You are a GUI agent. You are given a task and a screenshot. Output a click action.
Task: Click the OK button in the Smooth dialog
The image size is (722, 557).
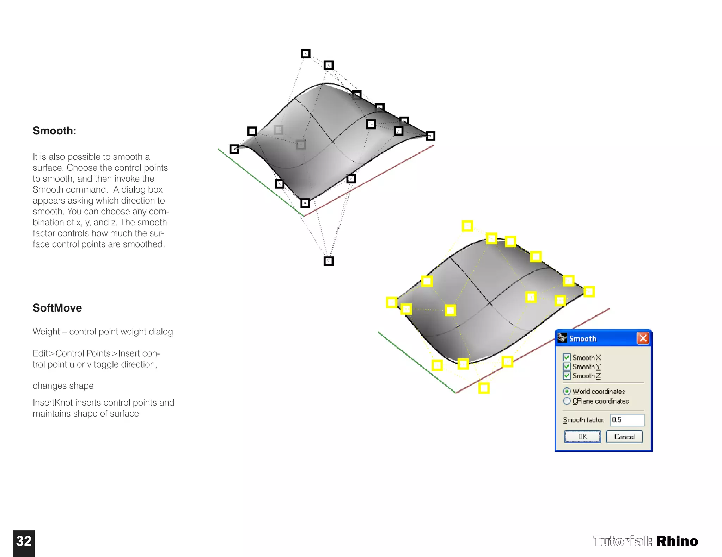click(x=582, y=437)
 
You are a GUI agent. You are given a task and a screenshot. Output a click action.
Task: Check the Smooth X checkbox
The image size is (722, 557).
click(x=567, y=357)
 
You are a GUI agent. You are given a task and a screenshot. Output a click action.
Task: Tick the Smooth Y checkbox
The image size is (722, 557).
click(x=567, y=367)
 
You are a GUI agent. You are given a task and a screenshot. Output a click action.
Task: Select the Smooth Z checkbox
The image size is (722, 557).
click(x=567, y=376)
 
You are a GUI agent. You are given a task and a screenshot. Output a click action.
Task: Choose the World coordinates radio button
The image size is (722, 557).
click(x=567, y=391)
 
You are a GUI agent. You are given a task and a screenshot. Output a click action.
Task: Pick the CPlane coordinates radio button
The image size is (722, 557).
click(x=567, y=401)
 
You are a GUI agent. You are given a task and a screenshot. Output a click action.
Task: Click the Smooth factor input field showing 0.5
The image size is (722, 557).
click(x=627, y=420)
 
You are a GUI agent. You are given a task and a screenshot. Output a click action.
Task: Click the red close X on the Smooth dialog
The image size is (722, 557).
click(x=643, y=338)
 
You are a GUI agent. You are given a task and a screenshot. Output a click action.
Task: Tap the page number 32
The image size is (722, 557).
click(x=24, y=542)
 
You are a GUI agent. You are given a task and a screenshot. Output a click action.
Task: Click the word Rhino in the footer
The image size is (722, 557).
click(x=677, y=541)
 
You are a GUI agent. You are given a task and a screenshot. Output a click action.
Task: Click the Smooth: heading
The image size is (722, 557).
click(x=54, y=131)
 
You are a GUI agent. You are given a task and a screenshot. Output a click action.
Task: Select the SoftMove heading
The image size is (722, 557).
click(x=57, y=308)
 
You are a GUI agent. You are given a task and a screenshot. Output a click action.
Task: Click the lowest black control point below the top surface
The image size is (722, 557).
click(x=328, y=261)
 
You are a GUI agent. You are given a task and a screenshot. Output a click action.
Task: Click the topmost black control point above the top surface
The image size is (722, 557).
click(x=305, y=54)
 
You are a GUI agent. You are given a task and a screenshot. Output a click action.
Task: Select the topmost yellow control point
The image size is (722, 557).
click(x=467, y=226)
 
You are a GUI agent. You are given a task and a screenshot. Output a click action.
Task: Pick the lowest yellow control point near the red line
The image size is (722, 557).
click(x=484, y=388)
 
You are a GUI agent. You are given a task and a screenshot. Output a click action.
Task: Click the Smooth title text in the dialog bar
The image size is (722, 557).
click(x=583, y=339)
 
